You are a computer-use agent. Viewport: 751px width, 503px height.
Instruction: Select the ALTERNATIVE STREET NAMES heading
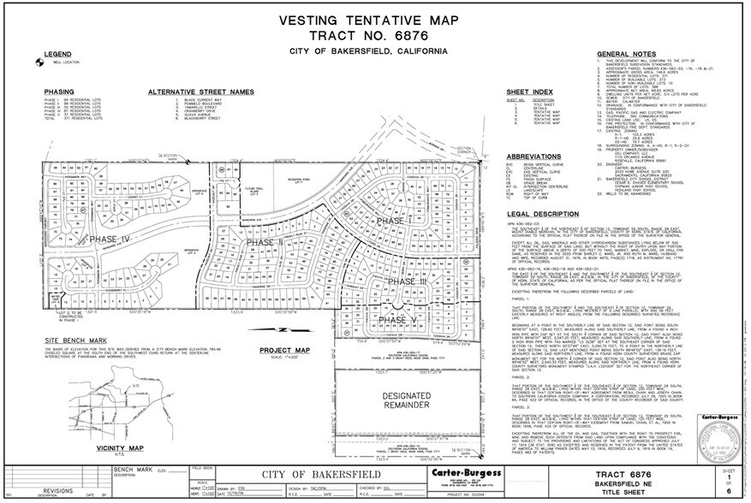[x=188, y=91]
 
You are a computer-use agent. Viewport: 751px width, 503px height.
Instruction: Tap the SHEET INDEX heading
[x=528, y=91]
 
